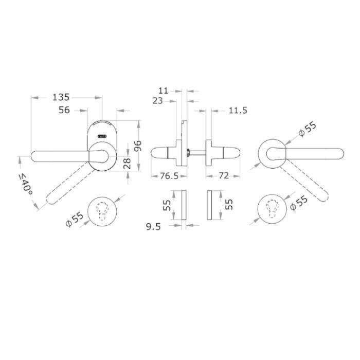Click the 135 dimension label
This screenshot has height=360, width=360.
pyautogui.click(x=61, y=97)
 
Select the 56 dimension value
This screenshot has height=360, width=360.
pyautogui.click(x=65, y=110)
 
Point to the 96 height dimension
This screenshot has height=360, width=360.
pyautogui.click(x=137, y=146)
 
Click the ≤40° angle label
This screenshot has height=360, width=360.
pyautogui.click(x=25, y=184)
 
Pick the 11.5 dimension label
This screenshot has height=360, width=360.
pyautogui.click(x=238, y=110)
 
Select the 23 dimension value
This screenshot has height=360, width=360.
pyautogui.click(x=157, y=101)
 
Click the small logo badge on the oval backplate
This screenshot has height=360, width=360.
pyautogui.click(x=102, y=136)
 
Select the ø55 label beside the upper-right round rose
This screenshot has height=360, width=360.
pyautogui.click(x=307, y=130)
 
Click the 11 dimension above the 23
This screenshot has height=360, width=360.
pyautogui.click(x=164, y=90)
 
